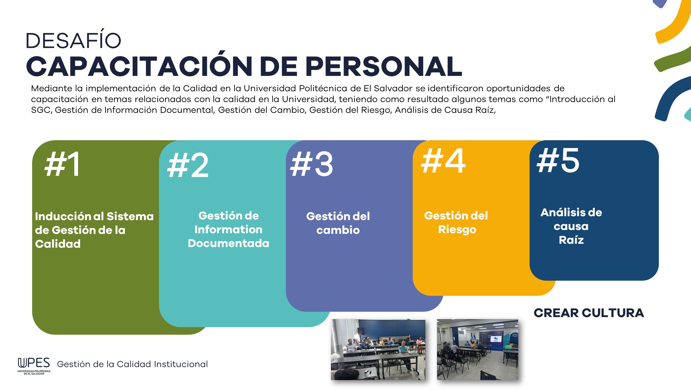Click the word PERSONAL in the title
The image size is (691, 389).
[x=384, y=66]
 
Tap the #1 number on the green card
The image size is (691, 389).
[x=62, y=164]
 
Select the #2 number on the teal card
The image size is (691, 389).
[x=188, y=165]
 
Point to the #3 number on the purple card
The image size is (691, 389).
[x=311, y=164]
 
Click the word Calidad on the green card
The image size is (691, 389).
[x=58, y=244]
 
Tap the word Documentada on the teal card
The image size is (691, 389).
[x=228, y=243]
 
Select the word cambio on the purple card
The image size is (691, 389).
[x=338, y=230]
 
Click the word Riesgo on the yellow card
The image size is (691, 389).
[x=457, y=230]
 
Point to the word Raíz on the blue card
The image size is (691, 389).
[x=571, y=240]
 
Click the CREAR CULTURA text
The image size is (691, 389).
[x=589, y=313]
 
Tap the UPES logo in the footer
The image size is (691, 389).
[x=34, y=366]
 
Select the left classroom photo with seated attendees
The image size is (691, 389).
[x=378, y=350]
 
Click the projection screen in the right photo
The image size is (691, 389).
[x=496, y=339]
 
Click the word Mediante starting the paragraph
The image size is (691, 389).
[x=52, y=88]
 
